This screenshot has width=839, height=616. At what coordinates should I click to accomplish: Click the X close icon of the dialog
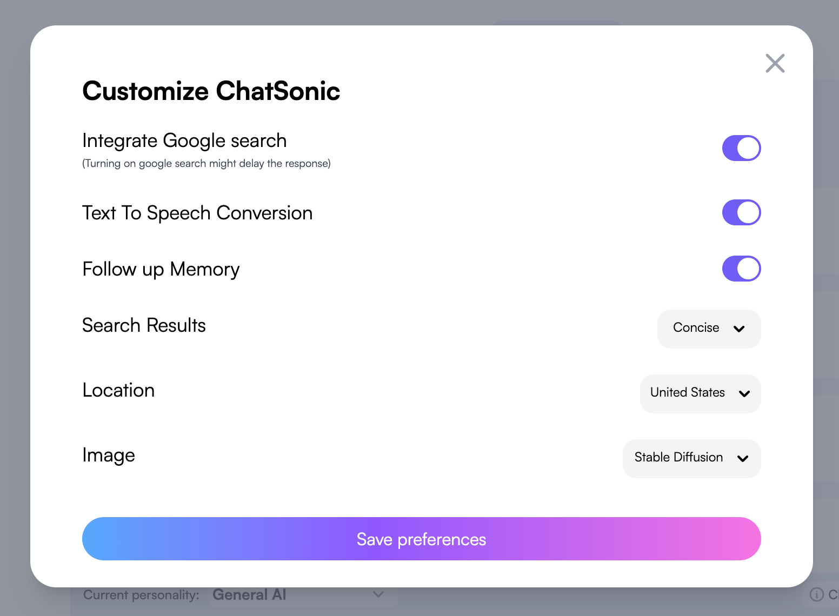coord(775,63)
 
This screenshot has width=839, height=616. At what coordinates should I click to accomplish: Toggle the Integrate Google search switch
coord(741,148)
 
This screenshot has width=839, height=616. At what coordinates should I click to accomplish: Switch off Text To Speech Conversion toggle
coord(741,212)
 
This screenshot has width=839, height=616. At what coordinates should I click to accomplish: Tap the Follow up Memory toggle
coord(741,269)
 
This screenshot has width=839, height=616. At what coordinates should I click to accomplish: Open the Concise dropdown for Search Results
coord(709,329)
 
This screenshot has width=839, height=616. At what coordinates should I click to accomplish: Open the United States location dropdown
coord(700,393)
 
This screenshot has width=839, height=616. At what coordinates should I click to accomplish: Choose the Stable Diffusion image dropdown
coord(691,458)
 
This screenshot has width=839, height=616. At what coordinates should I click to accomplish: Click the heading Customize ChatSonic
coord(211,91)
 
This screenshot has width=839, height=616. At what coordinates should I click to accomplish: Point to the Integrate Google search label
coord(184,141)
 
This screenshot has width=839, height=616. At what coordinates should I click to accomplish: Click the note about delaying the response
coord(207,164)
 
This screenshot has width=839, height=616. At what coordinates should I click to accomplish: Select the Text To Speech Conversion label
coord(197,213)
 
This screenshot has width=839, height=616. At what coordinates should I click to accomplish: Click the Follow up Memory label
coord(161,269)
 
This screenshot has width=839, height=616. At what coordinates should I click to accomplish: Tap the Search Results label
coord(144,325)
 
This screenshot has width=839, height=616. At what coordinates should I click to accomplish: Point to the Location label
coord(118,390)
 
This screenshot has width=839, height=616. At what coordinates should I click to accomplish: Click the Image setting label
coord(109,456)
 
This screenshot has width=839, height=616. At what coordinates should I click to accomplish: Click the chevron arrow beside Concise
coord(738,329)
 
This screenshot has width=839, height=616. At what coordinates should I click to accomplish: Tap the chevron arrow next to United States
coord(744,393)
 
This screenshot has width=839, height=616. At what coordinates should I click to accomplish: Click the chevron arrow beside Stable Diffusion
coord(742,458)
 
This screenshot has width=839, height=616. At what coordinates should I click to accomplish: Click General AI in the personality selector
coord(249,594)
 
